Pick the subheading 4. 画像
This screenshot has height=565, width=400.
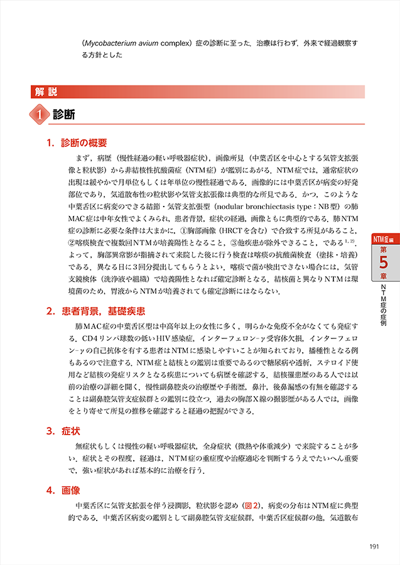point(65,490)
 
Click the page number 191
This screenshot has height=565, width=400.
point(374,546)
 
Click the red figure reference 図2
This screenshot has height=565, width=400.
point(252,505)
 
